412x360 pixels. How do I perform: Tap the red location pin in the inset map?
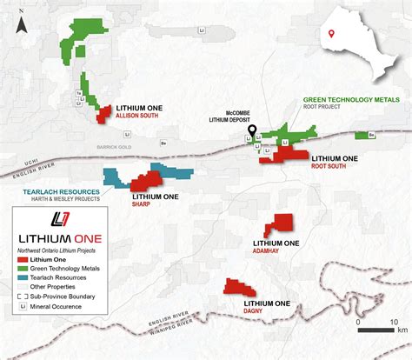(x=331, y=35)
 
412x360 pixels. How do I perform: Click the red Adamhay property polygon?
(x=280, y=223)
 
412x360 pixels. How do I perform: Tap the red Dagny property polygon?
(x=237, y=287)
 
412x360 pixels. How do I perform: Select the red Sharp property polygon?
(x=144, y=180)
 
